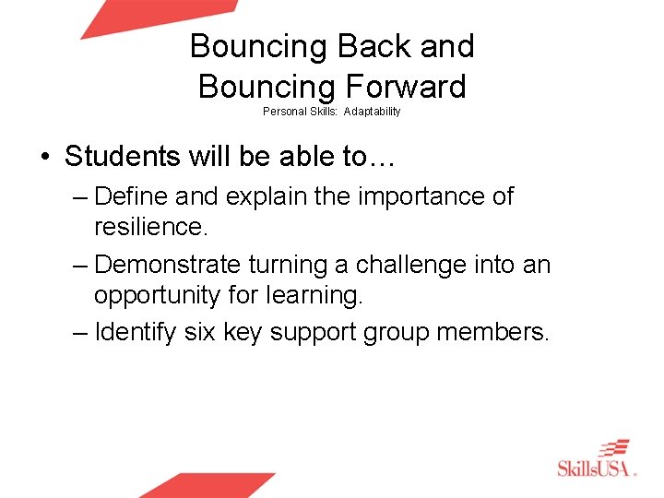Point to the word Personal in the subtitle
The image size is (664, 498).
coord(284,112)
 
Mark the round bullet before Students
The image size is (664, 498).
coord(45,158)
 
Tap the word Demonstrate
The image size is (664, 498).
coord(169,265)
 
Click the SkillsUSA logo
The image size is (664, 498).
coord(598,459)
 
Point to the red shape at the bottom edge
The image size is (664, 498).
coord(208,485)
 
